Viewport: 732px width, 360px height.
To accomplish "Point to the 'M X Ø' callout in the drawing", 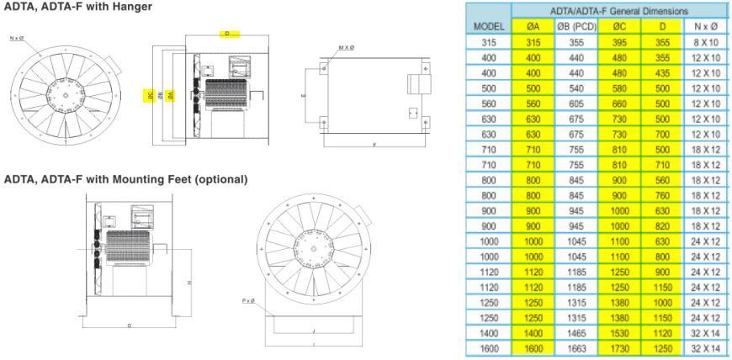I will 346,48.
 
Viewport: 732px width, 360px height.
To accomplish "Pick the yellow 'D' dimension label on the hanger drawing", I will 226,34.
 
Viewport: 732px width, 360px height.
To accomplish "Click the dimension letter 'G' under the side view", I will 129,324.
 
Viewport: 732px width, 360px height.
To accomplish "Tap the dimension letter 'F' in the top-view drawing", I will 374,146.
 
